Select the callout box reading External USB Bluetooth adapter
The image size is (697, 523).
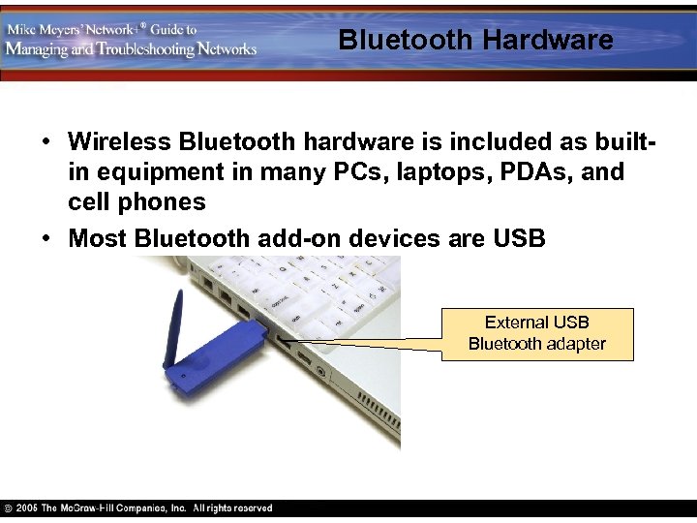(x=537, y=333)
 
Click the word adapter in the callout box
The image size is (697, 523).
(x=578, y=344)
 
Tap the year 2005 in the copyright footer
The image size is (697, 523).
(x=26, y=508)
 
